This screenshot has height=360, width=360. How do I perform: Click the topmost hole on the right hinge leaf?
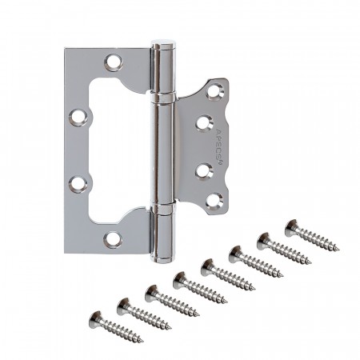[214, 92]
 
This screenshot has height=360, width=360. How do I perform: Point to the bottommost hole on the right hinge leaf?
[214, 202]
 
